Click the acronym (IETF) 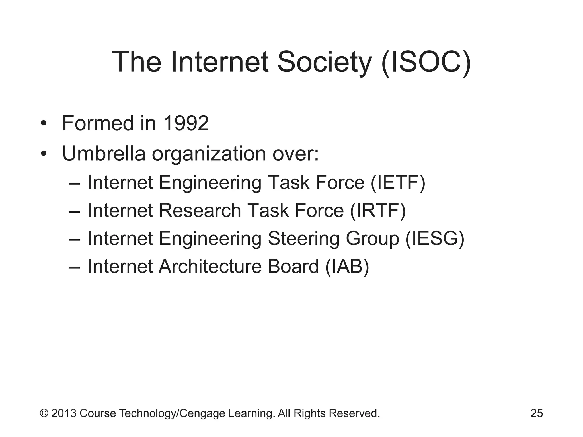point(398,182)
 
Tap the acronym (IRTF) point(378,211)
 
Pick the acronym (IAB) point(347,267)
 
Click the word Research point(200,211)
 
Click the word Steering point(303,239)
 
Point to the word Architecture point(210,267)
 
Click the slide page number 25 point(537,413)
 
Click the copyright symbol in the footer point(44,413)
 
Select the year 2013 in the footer point(64,413)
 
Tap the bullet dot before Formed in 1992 point(43,124)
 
